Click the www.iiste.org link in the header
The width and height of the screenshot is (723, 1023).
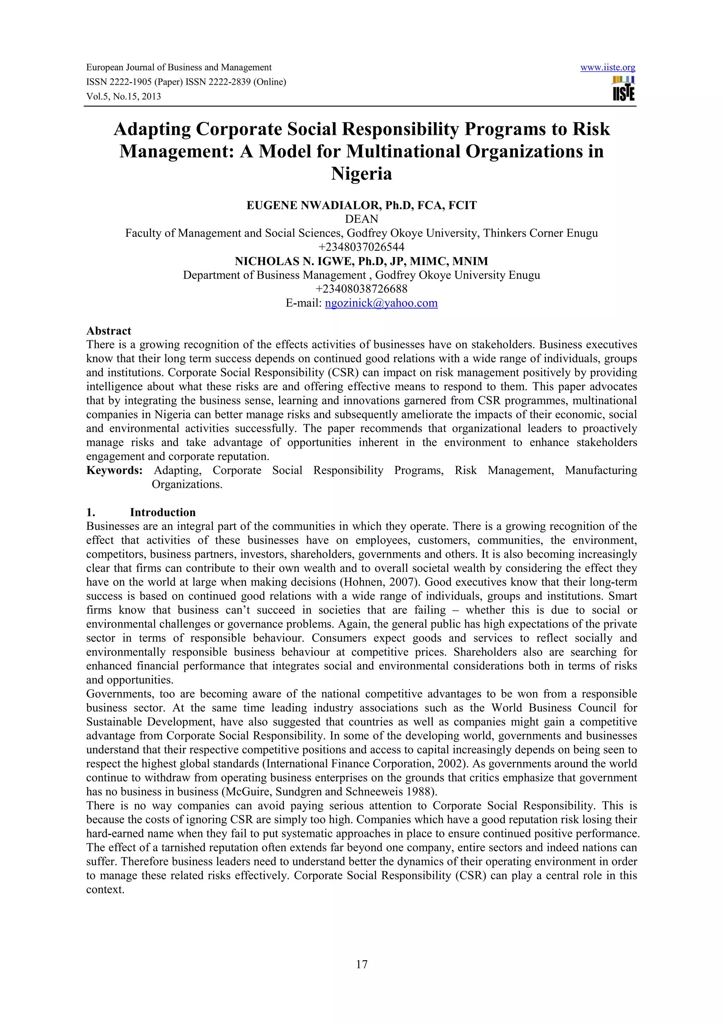pyautogui.click(x=608, y=68)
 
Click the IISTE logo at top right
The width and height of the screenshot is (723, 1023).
pyautogui.click(x=624, y=89)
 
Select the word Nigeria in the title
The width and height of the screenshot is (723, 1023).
pyautogui.click(x=361, y=173)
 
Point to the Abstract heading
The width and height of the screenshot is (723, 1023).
pyautogui.click(x=109, y=331)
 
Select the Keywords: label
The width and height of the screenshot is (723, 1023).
pyautogui.click(x=114, y=470)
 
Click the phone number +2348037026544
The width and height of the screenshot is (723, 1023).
pyautogui.click(x=361, y=247)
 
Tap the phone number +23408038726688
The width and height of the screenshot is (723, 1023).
pyautogui.click(x=361, y=289)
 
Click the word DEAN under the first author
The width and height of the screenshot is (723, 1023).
pyautogui.click(x=361, y=219)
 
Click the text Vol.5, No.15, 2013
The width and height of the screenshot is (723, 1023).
pyautogui.click(x=124, y=96)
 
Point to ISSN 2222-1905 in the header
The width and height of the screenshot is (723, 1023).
pyautogui.click(x=119, y=82)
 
